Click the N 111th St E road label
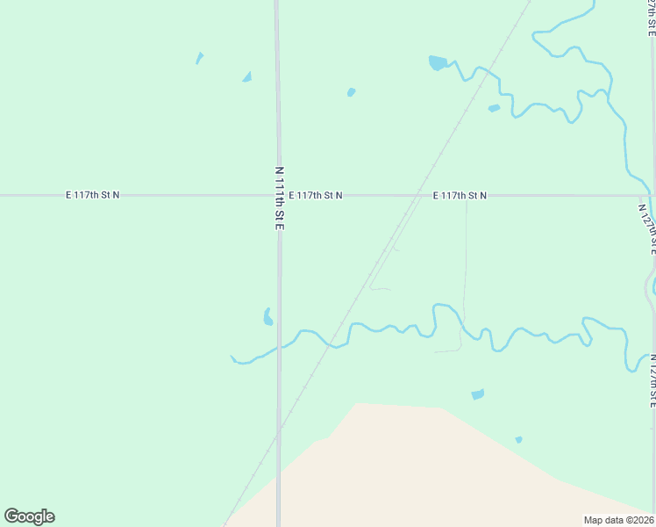point(280,199)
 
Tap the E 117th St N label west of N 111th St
point(92,195)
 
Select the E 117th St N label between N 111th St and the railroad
point(315,195)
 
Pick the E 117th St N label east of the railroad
point(460,195)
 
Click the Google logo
point(29,516)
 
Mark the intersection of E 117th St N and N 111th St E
point(278,195)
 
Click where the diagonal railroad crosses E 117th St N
point(416,195)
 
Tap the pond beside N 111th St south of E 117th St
point(267,317)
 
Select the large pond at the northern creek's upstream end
point(437,62)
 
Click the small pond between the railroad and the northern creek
point(494,109)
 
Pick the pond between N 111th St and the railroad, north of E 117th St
point(351,91)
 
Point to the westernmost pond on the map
point(199,59)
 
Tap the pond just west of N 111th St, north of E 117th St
point(247,77)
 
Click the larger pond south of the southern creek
point(477,394)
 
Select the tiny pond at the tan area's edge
point(519,439)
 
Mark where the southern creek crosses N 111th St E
point(279,347)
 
